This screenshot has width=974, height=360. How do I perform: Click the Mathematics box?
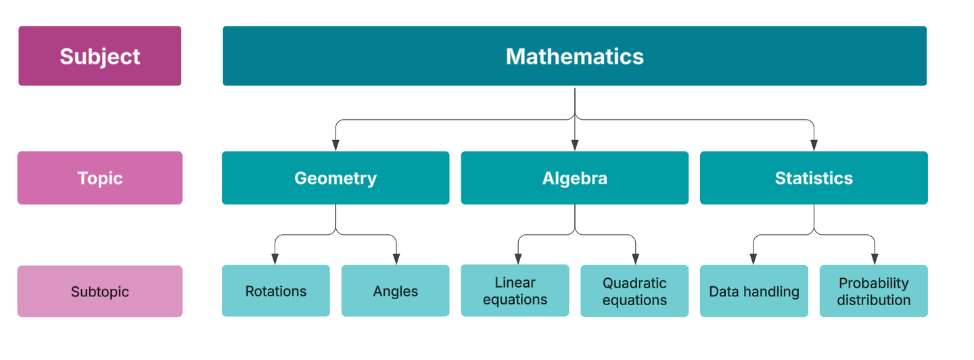tap(574, 56)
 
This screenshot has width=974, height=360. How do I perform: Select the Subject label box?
tap(100, 56)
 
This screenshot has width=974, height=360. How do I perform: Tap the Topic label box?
tap(100, 178)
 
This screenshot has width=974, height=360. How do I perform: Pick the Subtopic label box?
tap(100, 292)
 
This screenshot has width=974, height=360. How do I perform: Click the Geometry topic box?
tap(335, 178)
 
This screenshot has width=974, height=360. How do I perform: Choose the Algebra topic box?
tap(574, 178)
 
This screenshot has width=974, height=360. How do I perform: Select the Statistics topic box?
tap(814, 178)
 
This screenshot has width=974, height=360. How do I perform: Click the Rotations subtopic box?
tap(275, 291)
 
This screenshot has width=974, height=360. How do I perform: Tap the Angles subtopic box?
tap(395, 291)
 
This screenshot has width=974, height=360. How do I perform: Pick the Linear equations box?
tap(515, 291)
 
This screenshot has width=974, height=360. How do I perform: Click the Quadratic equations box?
tap(634, 292)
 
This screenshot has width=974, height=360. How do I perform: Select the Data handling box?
tap(753, 292)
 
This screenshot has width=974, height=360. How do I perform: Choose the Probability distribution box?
tap(873, 292)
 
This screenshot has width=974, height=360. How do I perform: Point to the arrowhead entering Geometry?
tap(335, 145)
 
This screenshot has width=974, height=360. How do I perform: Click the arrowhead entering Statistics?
tap(814, 145)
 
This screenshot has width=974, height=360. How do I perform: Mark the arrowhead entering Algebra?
tap(574, 145)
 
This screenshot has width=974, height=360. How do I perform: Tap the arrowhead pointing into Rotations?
tap(275, 259)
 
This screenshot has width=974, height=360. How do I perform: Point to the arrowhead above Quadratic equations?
tap(634, 259)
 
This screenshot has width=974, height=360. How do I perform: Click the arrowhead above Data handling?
tap(753, 259)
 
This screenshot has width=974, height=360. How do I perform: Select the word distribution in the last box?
tap(873, 300)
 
